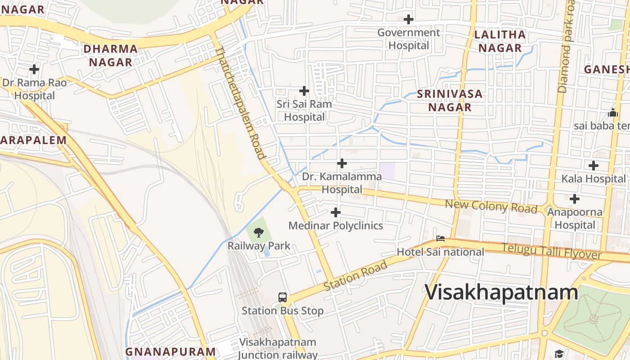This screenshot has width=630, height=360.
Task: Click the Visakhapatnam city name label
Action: pos(501,292)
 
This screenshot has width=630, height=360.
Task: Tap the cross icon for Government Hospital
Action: pos(409,19)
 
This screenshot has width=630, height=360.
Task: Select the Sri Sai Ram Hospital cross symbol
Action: pos(304,91)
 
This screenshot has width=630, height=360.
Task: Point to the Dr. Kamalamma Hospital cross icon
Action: pos(342,163)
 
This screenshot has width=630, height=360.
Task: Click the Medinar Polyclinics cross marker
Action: pos(336,212)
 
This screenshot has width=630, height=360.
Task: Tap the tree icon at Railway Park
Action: pos(259,233)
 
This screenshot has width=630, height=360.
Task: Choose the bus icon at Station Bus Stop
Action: pos(283,297)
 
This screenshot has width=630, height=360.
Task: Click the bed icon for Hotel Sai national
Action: pos(441,238)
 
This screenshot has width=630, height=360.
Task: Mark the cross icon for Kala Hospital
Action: pos(594,166)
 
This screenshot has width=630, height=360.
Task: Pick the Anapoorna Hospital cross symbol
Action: pos(575,199)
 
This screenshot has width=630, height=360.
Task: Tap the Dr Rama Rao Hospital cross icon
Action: pos(34,69)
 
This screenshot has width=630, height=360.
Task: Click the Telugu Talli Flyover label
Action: pos(552,251)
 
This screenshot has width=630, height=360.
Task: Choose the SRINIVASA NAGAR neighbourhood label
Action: pos(450,100)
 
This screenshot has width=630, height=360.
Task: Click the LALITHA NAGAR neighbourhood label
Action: pos(500,41)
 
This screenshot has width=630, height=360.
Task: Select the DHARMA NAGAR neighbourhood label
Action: pos(111,55)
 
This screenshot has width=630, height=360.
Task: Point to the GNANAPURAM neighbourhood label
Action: pos(171,351)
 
